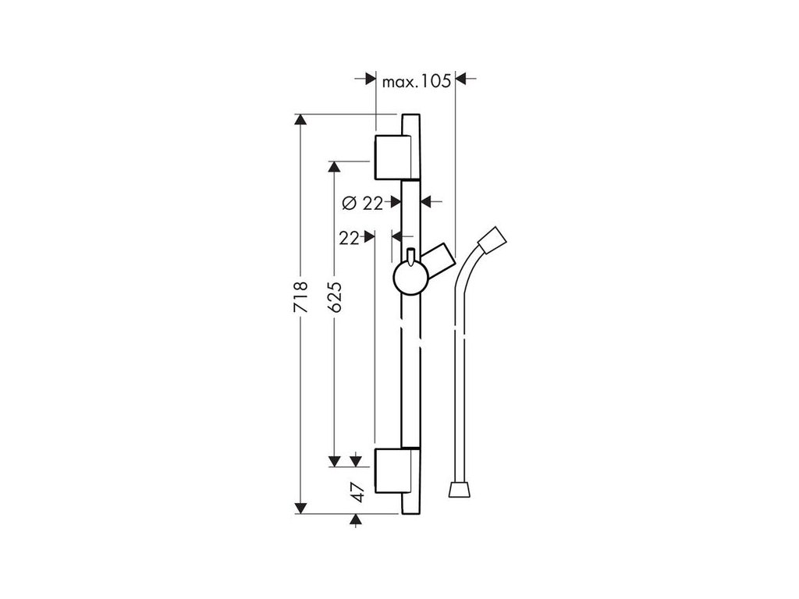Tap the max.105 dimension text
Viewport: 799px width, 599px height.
coord(417,79)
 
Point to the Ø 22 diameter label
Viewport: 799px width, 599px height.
coord(364,203)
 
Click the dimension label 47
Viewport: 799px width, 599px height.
coord(357,492)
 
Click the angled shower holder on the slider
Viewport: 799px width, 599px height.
coord(438,258)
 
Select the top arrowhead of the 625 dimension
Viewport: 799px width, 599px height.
coord(336,167)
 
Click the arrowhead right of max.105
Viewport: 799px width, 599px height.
coord(460,79)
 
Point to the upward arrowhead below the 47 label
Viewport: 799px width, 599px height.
coord(357,519)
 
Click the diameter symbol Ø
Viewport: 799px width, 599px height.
coord(350,203)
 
